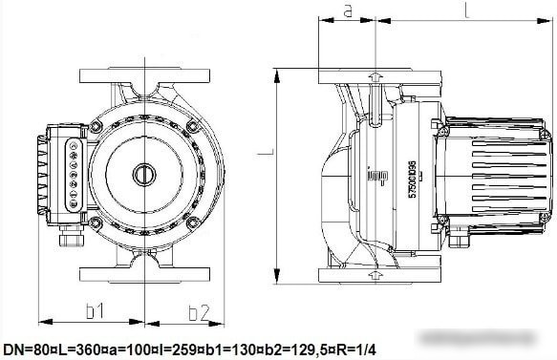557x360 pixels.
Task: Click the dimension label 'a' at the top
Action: point(348,11)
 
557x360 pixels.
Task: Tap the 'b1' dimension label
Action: point(94,311)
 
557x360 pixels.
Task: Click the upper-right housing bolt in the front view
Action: point(193,127)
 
